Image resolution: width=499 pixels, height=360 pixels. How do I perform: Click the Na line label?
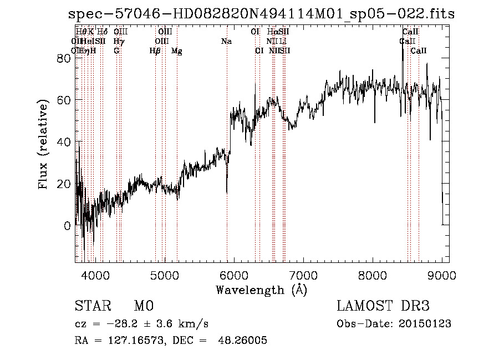[226, 41]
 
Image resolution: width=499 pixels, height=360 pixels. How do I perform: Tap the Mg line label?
[177, 51]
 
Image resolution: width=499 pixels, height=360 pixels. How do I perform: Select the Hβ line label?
[155, 51]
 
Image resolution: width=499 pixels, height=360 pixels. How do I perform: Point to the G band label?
[116, 50]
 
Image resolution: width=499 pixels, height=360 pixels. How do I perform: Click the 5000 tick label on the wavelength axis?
[164, 275]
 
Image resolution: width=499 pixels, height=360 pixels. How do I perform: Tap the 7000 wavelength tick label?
[303, 275]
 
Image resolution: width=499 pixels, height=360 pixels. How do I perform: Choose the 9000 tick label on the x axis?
[442, 275]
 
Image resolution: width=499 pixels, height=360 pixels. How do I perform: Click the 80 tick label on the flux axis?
[65, 58]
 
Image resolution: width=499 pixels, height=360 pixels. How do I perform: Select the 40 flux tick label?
[65, 142]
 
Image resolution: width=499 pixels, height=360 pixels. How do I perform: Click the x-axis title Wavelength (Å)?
[261, 290]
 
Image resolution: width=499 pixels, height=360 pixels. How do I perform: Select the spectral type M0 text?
[143, 306]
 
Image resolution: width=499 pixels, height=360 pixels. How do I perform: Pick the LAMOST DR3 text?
[383, 306]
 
